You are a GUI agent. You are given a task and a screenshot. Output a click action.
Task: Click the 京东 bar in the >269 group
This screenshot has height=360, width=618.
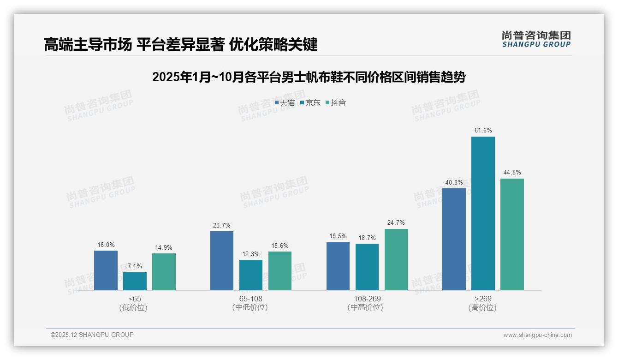tap(483, 213)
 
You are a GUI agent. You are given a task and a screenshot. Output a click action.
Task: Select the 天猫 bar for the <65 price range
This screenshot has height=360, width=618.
tap(106, 270)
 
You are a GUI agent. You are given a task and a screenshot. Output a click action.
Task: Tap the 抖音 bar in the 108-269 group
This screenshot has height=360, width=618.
tap(396, 259)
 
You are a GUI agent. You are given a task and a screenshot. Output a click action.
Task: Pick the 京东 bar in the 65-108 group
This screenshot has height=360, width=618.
tap(251, 275)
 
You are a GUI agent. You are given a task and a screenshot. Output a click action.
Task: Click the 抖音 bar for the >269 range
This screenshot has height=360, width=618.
tap(512, 234)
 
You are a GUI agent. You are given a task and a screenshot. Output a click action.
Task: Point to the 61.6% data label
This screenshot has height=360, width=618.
tap(483, 131)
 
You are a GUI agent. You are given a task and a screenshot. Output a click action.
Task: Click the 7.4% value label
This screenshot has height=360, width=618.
tap(135, 266)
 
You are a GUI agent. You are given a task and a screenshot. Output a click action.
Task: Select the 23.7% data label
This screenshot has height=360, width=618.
tap(222, 225)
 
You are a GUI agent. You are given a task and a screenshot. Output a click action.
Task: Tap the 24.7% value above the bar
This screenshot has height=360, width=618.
tap(396, 223)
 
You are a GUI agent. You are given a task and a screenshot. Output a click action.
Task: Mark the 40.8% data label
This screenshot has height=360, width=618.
tap(454, 182)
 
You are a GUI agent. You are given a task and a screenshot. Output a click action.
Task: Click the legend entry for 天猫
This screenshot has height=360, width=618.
tap(285, 102)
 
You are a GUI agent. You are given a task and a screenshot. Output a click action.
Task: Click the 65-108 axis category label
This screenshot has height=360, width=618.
tap(251, 299)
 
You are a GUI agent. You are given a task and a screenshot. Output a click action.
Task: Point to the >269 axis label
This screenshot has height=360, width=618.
tap(483, 299)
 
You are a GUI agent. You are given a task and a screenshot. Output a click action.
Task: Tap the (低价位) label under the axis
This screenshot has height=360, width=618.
tap(135, 307)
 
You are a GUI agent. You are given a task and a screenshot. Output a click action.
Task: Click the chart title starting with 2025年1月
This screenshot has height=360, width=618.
tap(309, 77)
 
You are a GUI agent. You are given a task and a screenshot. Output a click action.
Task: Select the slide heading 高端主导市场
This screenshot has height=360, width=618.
tap(180, 45)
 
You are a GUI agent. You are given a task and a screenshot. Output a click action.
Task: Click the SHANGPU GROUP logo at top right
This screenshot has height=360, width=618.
tap(536, 39)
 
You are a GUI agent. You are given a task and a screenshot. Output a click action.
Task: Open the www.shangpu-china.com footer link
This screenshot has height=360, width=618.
tap(537, 335)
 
